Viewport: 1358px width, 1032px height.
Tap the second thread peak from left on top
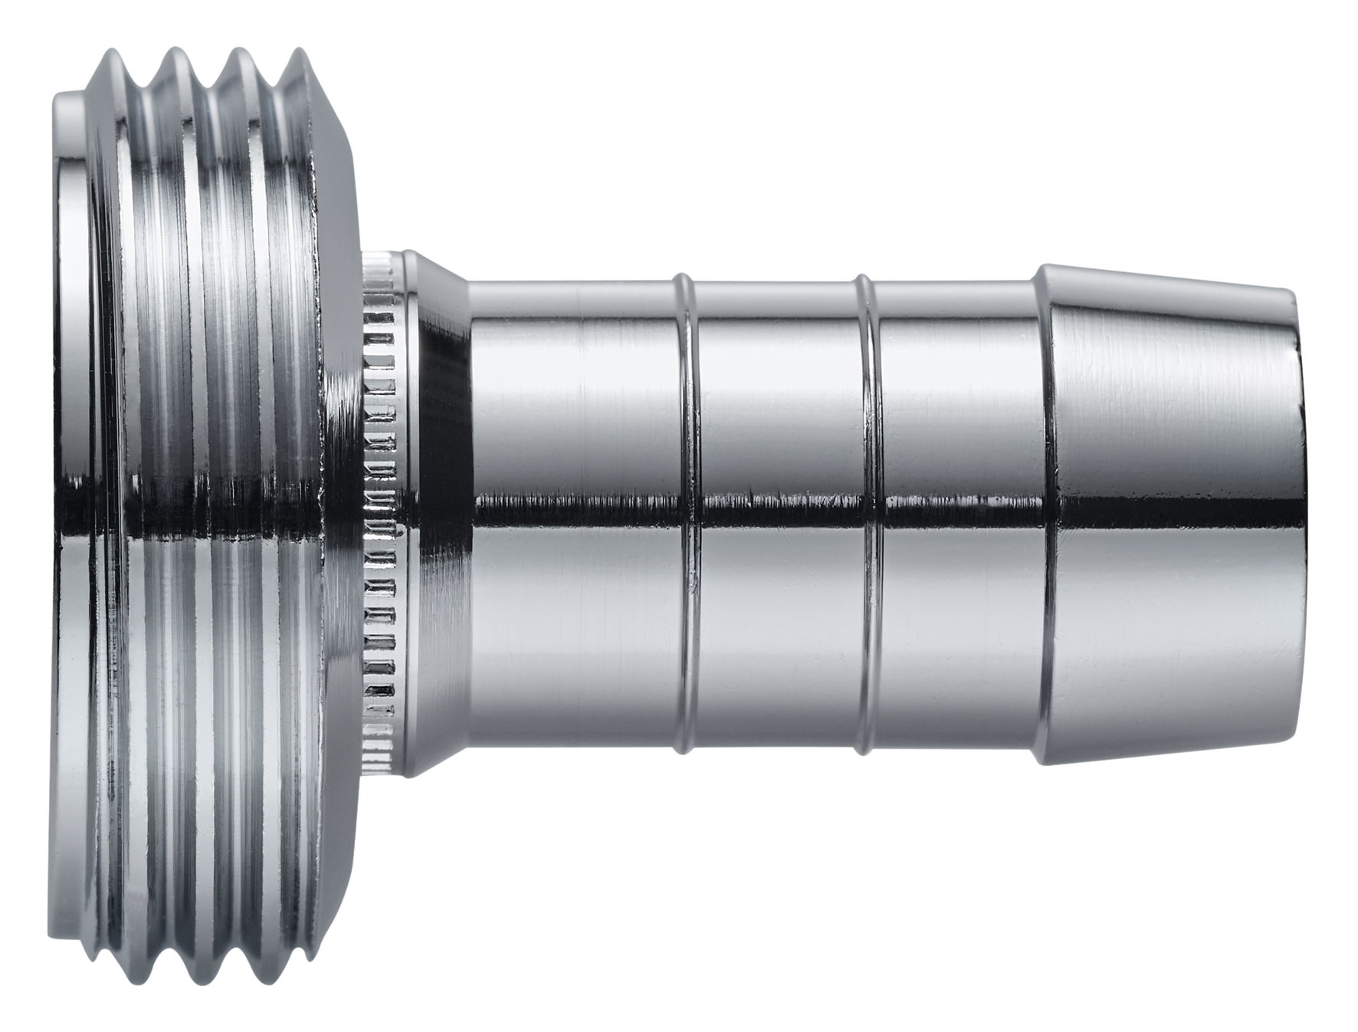click(x=177, y=51)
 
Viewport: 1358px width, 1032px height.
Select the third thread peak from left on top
click(x=238, y=51)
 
